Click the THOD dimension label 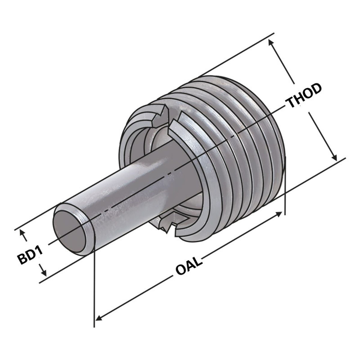305,95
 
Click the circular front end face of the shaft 72,230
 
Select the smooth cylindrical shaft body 135,184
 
